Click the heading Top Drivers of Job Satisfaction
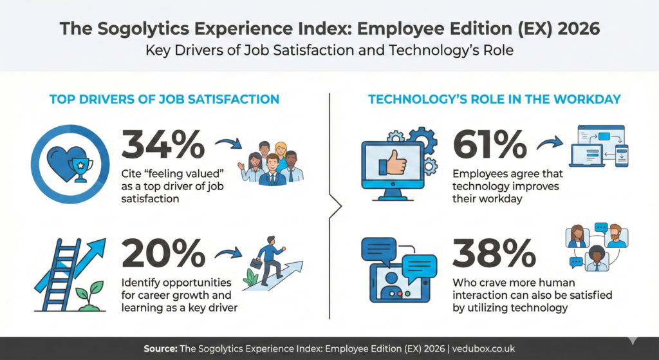164,99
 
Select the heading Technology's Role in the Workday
494,99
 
